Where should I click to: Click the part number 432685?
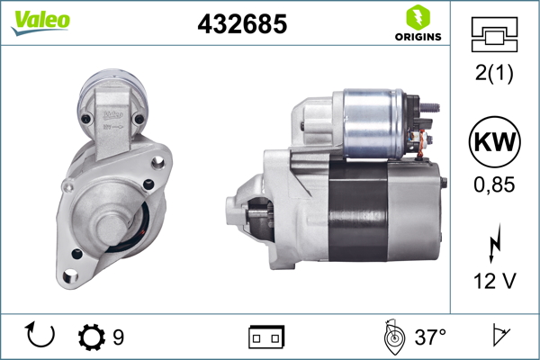point(242,25)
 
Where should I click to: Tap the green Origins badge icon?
point(418,16)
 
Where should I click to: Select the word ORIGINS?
point(418,37)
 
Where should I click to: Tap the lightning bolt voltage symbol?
point(492,244)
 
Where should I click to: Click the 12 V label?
point(492,282)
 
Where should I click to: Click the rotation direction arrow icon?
point(41,337)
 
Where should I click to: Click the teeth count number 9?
point(118,337)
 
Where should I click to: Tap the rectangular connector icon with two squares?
point(266,337)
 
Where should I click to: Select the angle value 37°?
point(431,337)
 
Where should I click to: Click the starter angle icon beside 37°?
point(392,337)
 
